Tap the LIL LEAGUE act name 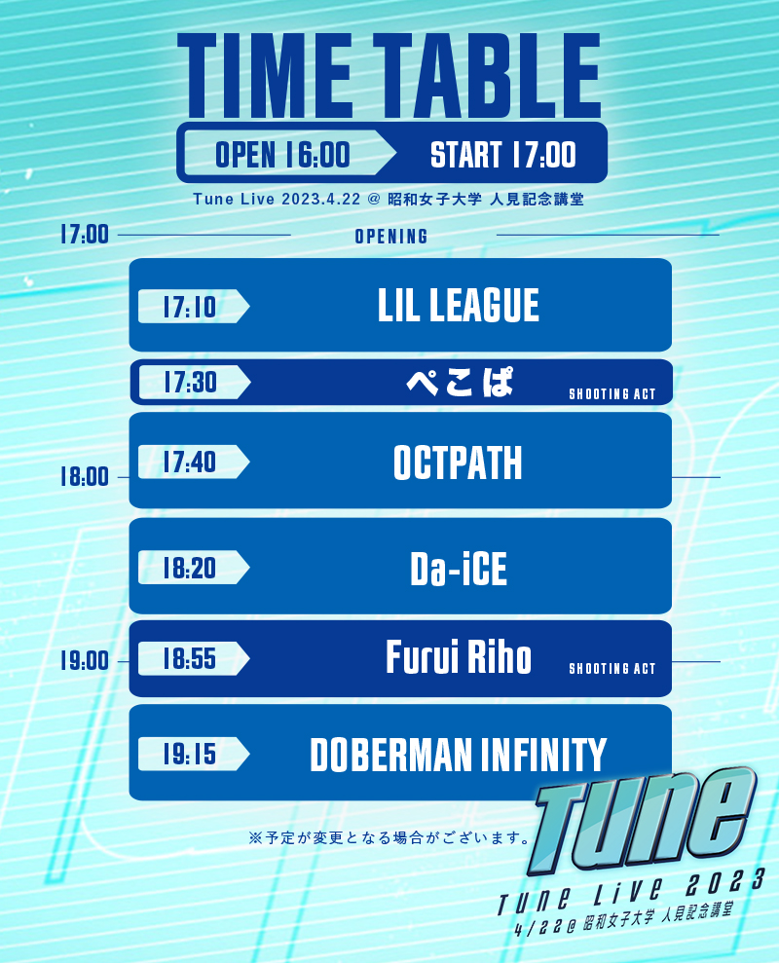click(x=459, y=305)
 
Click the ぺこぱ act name click(x=460, y=382)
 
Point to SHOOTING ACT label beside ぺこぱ click(x=612, y=394)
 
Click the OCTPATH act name click(x=459, y=463)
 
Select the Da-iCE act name click(x=459, y=568)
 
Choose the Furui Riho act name click(x=459, y=657)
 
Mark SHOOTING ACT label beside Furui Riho click(x=612, y=669)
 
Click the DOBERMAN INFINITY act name click(x=459, y=755)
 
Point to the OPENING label click(x=391, y=237)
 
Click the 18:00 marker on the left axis click(x=84, y=476)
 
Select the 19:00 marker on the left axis click(x=84, y=661)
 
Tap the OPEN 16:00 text click(x=282, y=154)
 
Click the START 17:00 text click(x=503, y=154)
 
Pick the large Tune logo click(x=642, y=820)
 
